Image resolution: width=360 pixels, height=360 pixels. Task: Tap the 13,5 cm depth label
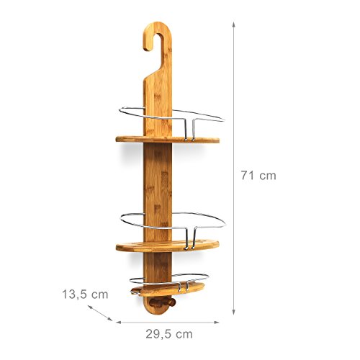point(84,294)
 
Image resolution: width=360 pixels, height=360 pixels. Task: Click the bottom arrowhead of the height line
point(234,313)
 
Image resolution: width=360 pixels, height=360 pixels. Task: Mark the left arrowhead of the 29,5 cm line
point(120,320)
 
